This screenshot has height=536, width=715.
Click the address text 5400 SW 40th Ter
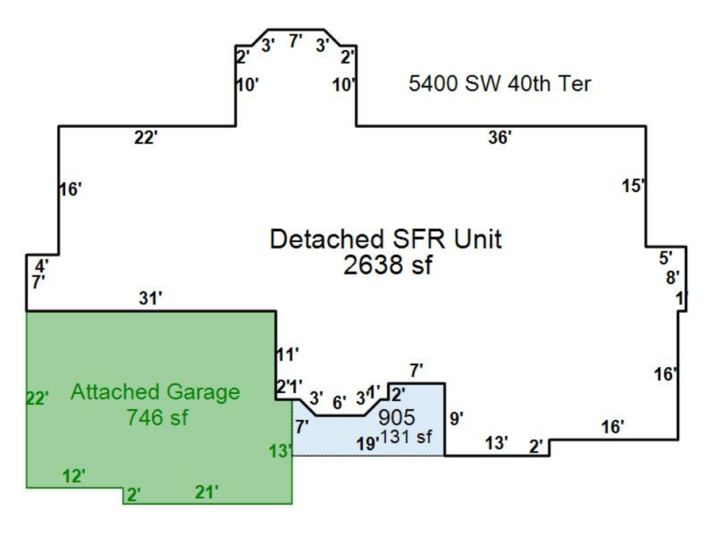[500, 83]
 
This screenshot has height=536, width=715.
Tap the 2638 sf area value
[388, 265]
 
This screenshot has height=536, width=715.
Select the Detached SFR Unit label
[386, 239]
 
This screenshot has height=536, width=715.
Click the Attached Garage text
[155, 391]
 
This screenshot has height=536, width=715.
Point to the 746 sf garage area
[157, 417]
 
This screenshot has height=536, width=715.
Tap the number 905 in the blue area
[397, 417]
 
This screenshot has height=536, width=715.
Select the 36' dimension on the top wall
[500, 137]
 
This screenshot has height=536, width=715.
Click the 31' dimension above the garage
[149, 298]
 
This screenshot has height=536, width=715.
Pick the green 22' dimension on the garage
[37, 398]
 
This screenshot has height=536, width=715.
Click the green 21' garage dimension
[207, 492]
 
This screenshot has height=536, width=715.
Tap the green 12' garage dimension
[74, 476]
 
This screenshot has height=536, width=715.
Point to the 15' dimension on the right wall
[633, 187]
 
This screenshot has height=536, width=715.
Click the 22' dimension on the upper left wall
[146, 138]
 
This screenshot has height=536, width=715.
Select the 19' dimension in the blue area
[366, 444]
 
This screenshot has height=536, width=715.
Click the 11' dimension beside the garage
[287, 354]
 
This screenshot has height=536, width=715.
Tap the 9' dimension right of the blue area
[457, 418]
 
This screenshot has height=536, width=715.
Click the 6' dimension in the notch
[339, 403]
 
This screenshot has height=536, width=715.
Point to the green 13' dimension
[280, 452]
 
